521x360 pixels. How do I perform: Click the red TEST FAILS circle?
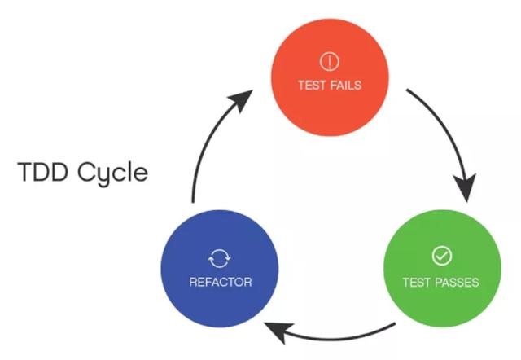tap(330, 77)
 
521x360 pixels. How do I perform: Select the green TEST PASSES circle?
tap(442, 268)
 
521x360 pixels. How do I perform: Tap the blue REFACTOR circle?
tap(220, 268)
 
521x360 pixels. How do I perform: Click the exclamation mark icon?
tap(329, 62)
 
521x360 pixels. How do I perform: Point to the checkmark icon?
tap(442, 256)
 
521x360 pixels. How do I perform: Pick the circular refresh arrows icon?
tap(220, 258)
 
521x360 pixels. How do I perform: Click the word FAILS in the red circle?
tap(345, 86)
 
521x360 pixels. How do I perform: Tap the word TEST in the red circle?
tap(312, 86)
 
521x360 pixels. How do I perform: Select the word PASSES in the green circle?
tap(457, 283)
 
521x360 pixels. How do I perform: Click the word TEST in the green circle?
tap(417, 283)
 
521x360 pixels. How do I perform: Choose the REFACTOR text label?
tap(221, 282)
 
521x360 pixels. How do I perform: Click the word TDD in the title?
tap(43, 172)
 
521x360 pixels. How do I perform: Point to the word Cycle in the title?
tap(112, 173)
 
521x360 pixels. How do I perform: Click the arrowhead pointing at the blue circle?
tap(278, 331)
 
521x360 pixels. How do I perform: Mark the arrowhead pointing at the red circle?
tap(242, 99)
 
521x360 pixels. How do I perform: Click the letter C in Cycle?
tap(86, 172)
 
